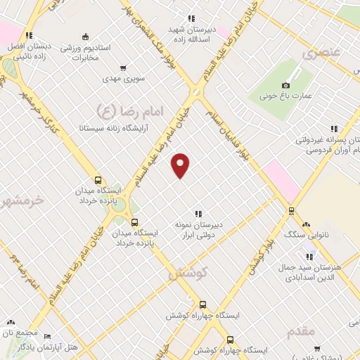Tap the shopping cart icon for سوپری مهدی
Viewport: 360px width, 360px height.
tap(123, 69)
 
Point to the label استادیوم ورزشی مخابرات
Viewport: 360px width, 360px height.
tap(85, 50)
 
